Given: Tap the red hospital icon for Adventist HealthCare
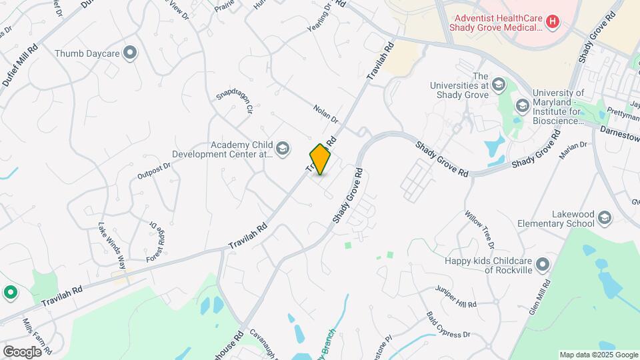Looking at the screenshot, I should [x=552, y=22].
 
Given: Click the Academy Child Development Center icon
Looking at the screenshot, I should [x=283, y=148].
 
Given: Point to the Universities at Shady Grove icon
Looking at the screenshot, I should [x=499, y=85].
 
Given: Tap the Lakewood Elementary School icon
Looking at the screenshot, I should [x=605, y=218].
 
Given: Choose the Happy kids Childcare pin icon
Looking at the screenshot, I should [x=543, y=265].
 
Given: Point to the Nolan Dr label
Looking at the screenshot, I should [x=326, y=113].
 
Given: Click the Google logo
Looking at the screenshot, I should [x=23, y=351].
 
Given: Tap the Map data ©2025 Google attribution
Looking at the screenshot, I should [x=598, y=355].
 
